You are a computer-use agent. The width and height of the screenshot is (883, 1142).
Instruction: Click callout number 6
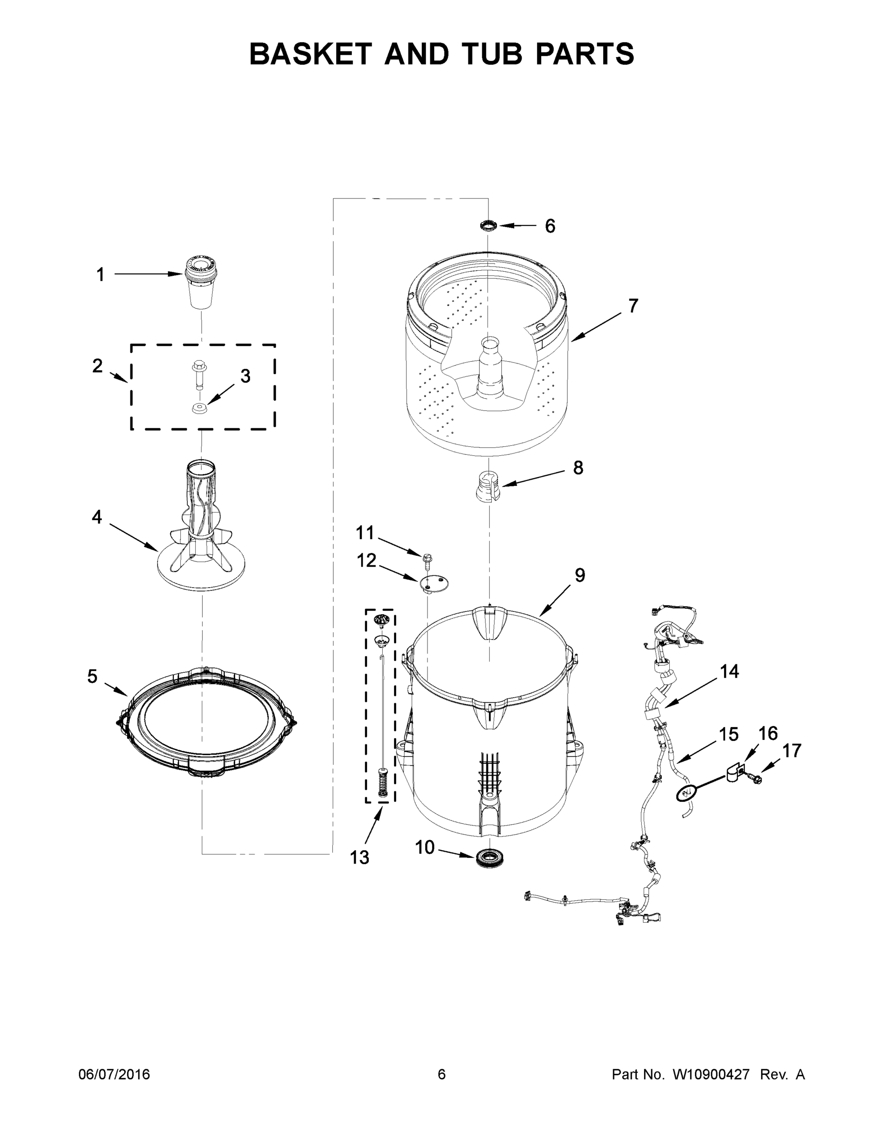coord(550,226)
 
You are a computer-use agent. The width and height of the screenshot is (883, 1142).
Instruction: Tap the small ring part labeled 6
coord(488,226)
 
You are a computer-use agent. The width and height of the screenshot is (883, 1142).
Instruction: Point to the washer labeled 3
coord(199,408)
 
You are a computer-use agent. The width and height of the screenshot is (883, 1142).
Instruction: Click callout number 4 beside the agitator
coord(97,517)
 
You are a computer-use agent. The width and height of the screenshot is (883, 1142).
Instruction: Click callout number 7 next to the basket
coord(633,305)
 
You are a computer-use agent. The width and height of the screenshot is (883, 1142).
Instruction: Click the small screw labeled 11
coord(426,560)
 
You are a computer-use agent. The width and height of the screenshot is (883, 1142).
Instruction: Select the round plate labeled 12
coord(434,582)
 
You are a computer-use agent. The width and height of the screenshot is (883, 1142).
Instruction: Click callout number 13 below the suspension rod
coord(359,857)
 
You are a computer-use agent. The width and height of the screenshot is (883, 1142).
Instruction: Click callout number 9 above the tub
coord(580,575)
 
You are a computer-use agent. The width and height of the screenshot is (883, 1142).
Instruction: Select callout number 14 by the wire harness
coord(729,671)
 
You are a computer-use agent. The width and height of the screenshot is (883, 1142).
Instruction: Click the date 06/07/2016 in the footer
coord(114,1074)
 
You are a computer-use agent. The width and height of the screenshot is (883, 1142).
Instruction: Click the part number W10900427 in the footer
coord(711,1074)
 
